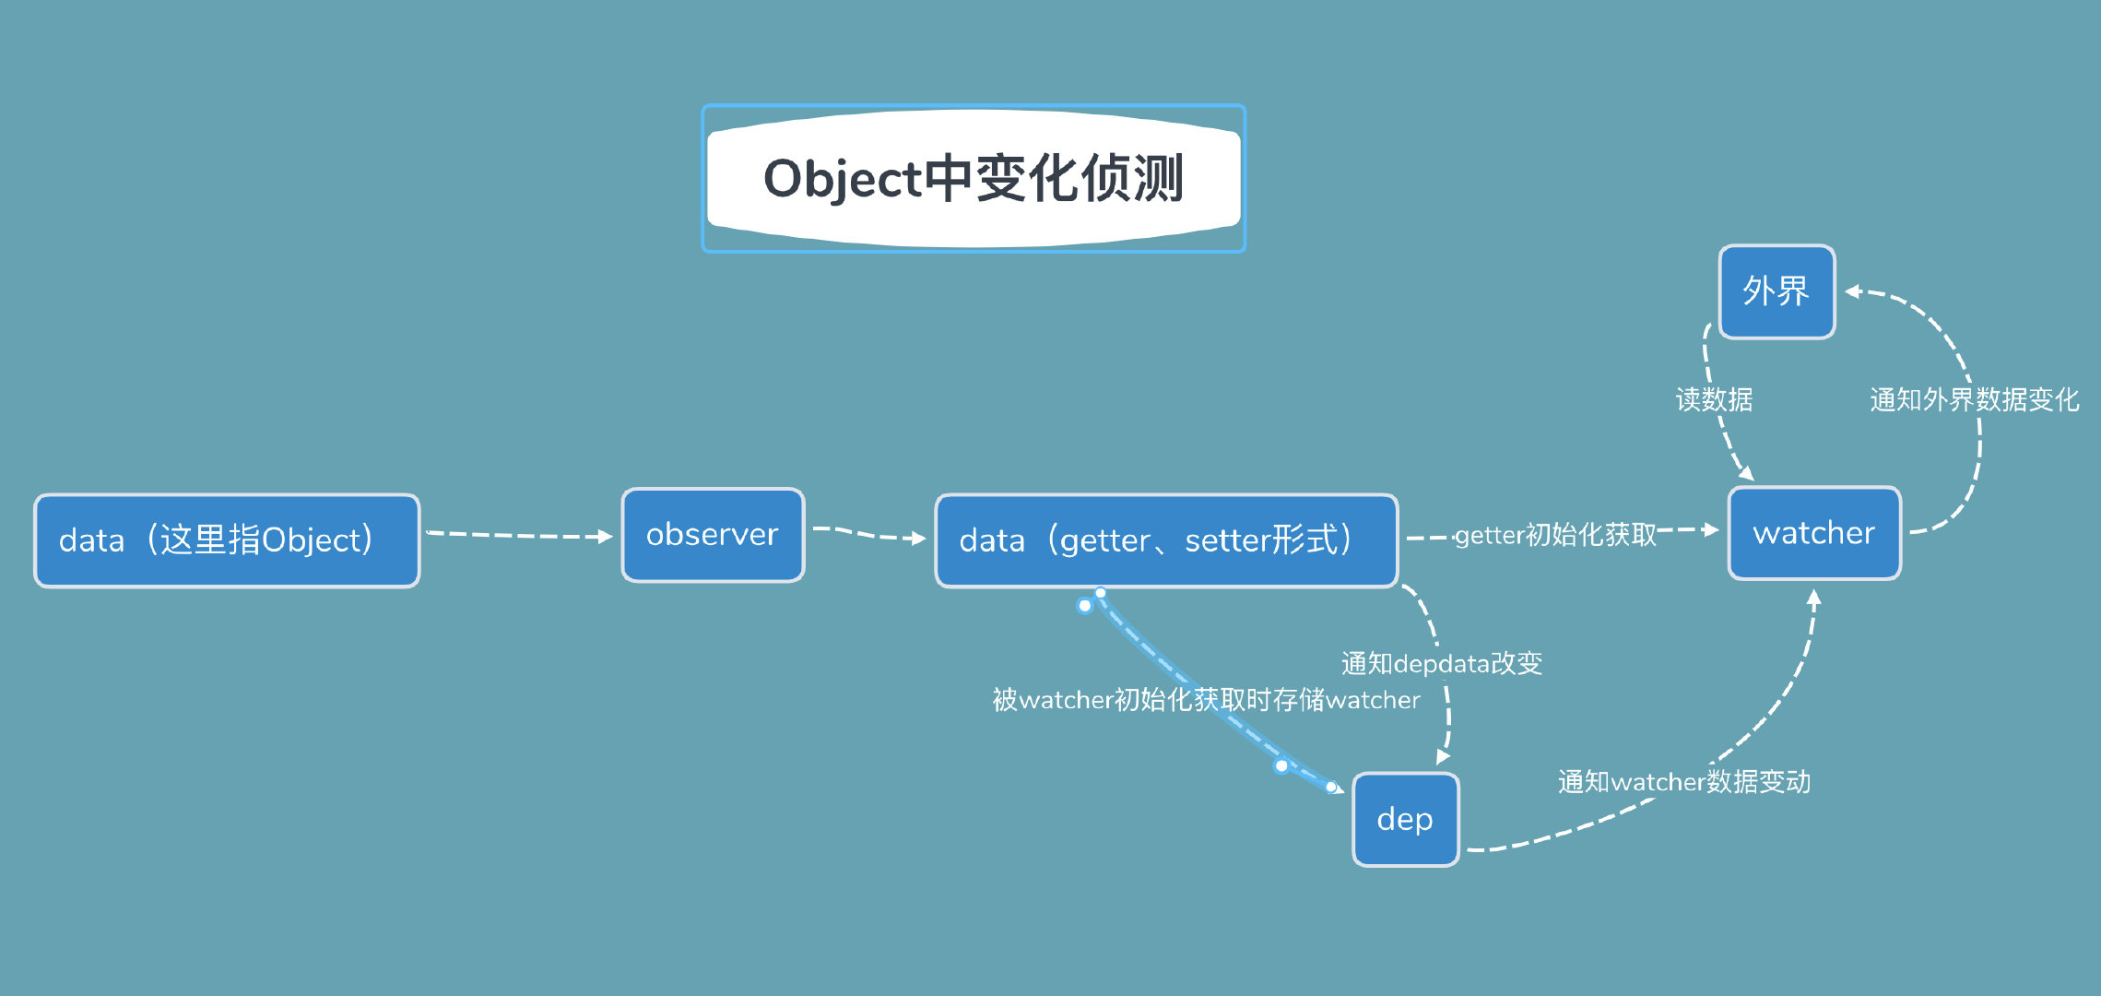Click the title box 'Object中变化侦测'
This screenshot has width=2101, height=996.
coord(974,178)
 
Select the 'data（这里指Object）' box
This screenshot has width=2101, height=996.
coord(227,540)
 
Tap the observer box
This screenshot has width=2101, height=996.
coord(713,535)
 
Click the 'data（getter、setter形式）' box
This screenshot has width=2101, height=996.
coord(1166,540)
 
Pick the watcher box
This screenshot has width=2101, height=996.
coord(1813,533)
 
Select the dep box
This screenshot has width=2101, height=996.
coord(1405,819)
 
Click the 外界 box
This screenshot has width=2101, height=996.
coord(1776,291)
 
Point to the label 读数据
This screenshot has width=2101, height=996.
coord(1714,399)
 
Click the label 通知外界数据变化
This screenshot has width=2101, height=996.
coord(1974,399)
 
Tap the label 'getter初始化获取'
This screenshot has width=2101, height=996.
coord(1555,534)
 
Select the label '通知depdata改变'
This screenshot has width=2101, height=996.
coord(1441,663)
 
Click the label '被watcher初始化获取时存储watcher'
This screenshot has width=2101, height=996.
coord(1206,700)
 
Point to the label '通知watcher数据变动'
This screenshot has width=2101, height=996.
coord(1683,782)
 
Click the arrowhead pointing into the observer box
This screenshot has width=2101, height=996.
coord(606,537)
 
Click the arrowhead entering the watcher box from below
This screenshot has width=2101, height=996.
coord(1813,598)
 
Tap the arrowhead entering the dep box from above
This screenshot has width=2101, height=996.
coord(1442,758)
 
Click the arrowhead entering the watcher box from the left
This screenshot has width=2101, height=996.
coord(1712,529)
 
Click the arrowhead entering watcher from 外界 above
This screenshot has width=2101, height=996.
coord(1746,474)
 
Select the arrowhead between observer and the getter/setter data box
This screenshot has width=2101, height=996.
coord(918,539)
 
